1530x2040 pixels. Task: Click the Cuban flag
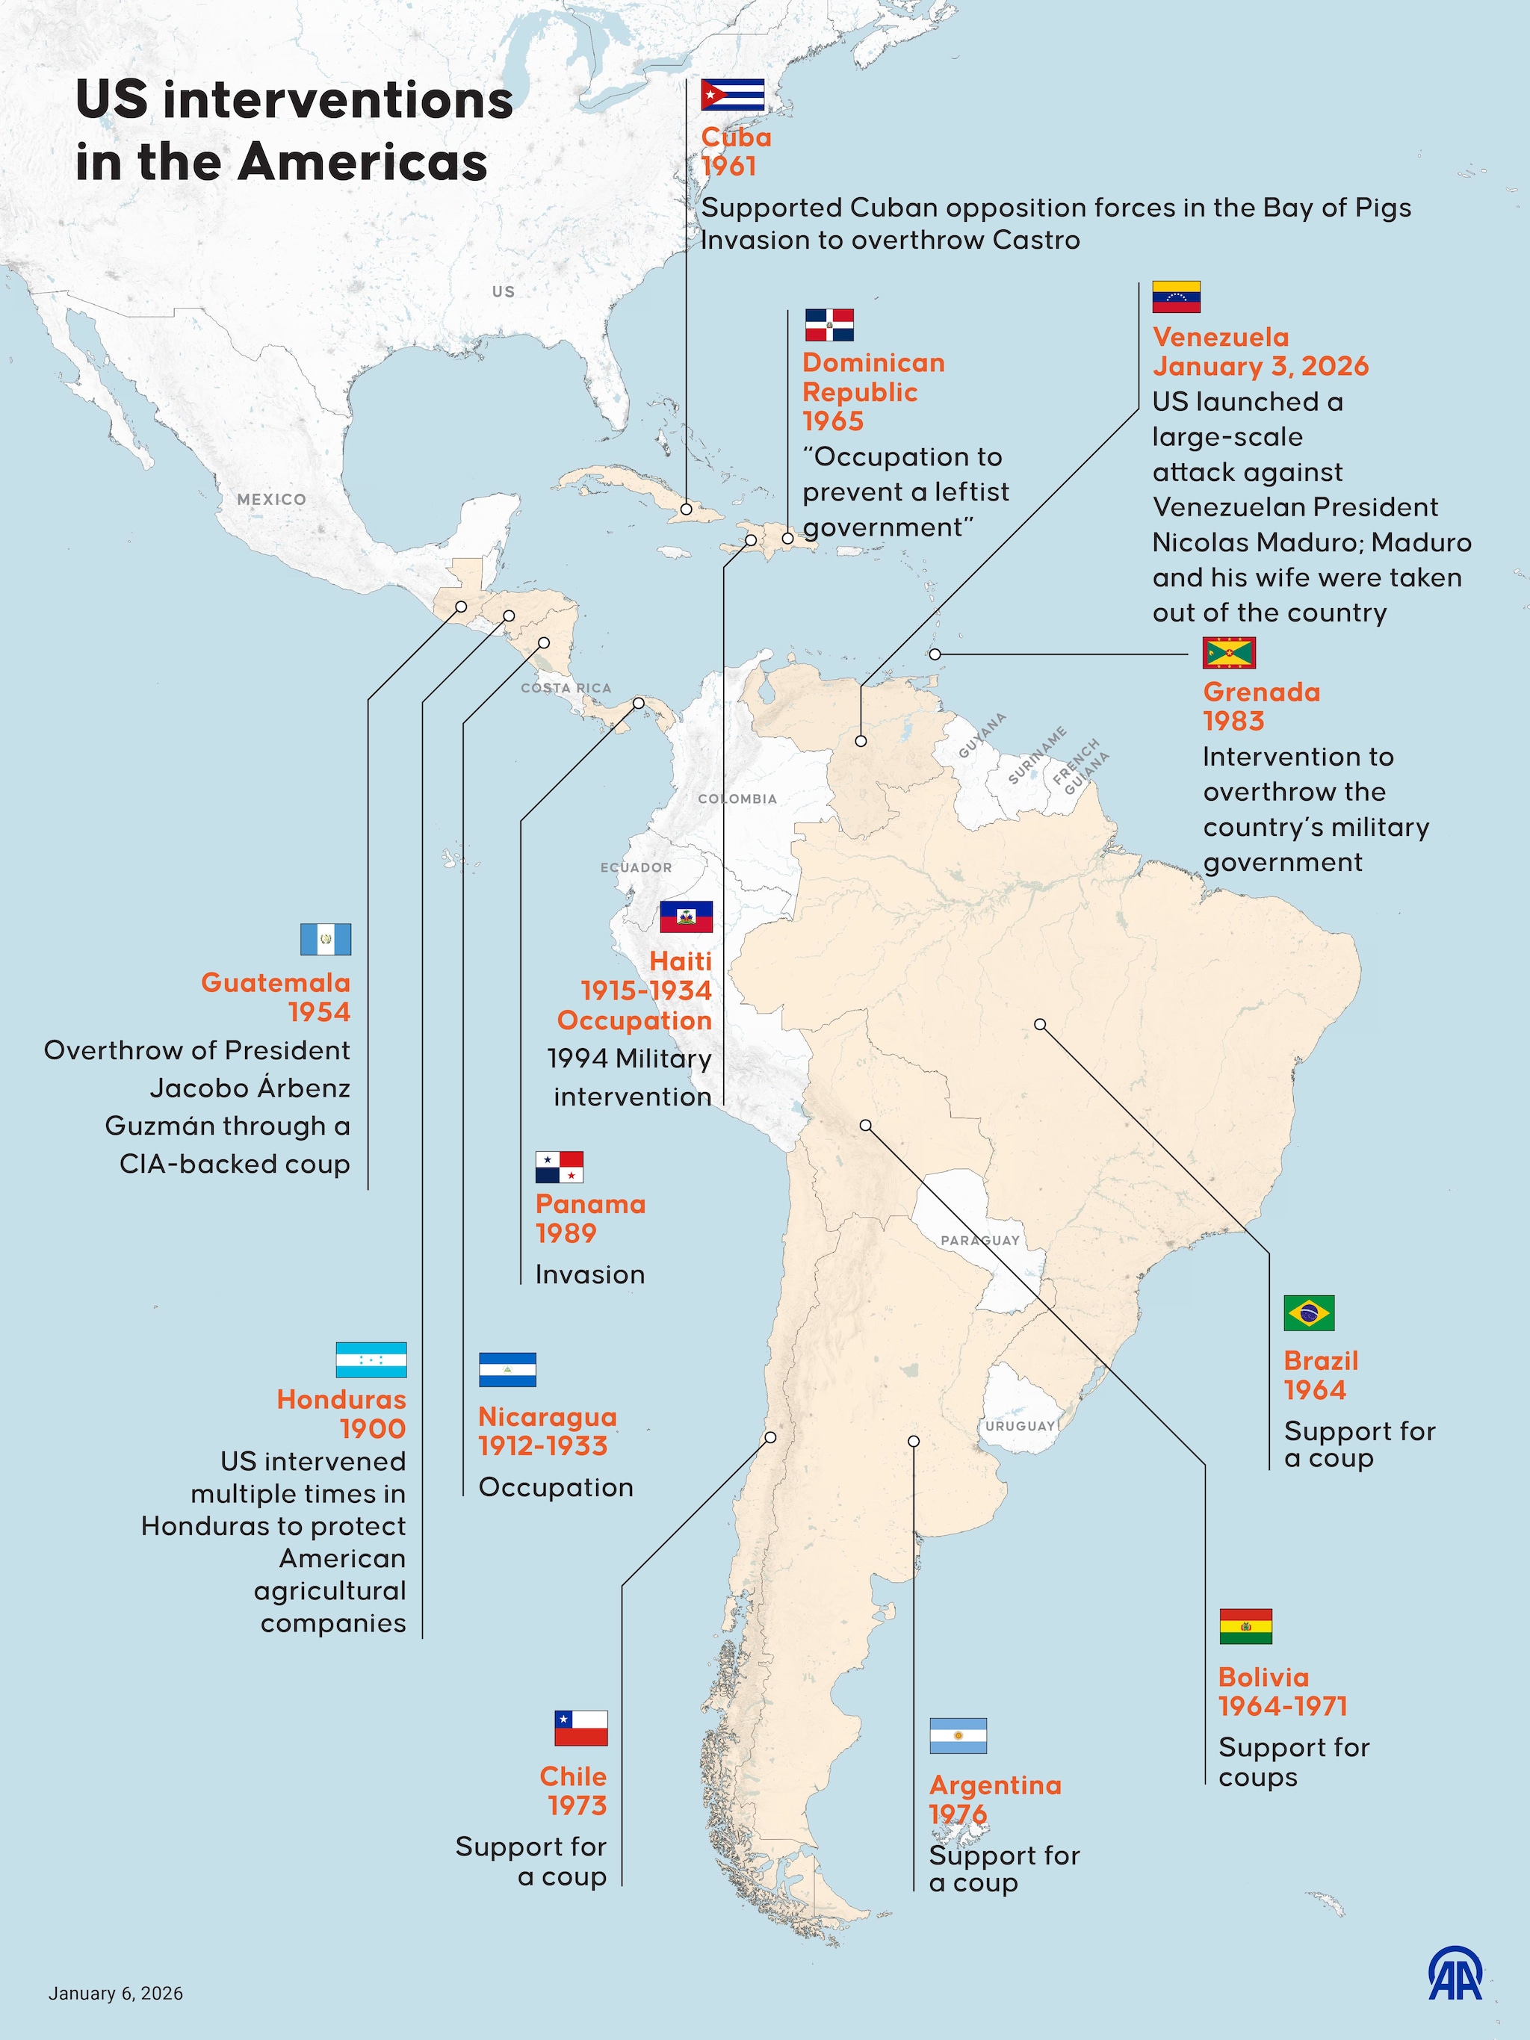(x=732, y=95)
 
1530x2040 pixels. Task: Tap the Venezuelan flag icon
(x=1176, y=297)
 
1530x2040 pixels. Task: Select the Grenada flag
(x=1228, y=653)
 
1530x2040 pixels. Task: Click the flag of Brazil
(x=1309, y=1313)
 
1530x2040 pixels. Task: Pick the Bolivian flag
(x=1245, y=1627)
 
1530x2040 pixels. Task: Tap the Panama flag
(x=559, y=1167)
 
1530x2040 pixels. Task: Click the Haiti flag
(x=686, y=917)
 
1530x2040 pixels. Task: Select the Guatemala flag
(x=326, y=939)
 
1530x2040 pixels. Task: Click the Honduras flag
(x=371, y=1360)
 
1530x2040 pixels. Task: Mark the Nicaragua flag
(x=507, y=1369)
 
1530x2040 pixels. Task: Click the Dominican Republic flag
(x=829, y=326)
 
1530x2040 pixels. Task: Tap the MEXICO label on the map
(x=271, y=499)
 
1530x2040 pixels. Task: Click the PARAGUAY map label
(x=979, y=1241)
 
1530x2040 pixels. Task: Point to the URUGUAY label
(x=1020, y=1426)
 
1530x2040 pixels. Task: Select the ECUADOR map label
(x=636, y=868)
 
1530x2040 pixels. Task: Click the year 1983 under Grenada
(x=1233, y=721)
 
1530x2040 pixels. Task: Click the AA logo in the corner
(x=1455, y=1974)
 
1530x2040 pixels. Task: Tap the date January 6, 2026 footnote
(x=115, y=1994)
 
